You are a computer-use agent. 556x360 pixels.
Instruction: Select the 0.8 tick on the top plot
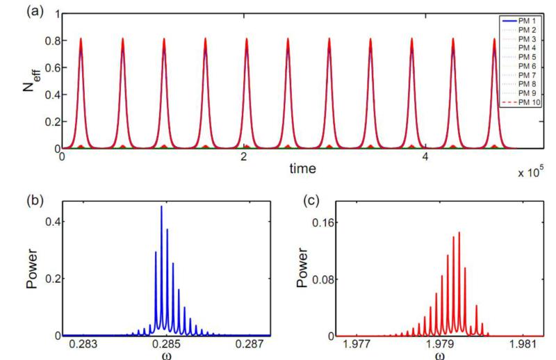point(49,40)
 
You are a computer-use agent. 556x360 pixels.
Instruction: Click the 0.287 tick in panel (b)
point(248,345)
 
